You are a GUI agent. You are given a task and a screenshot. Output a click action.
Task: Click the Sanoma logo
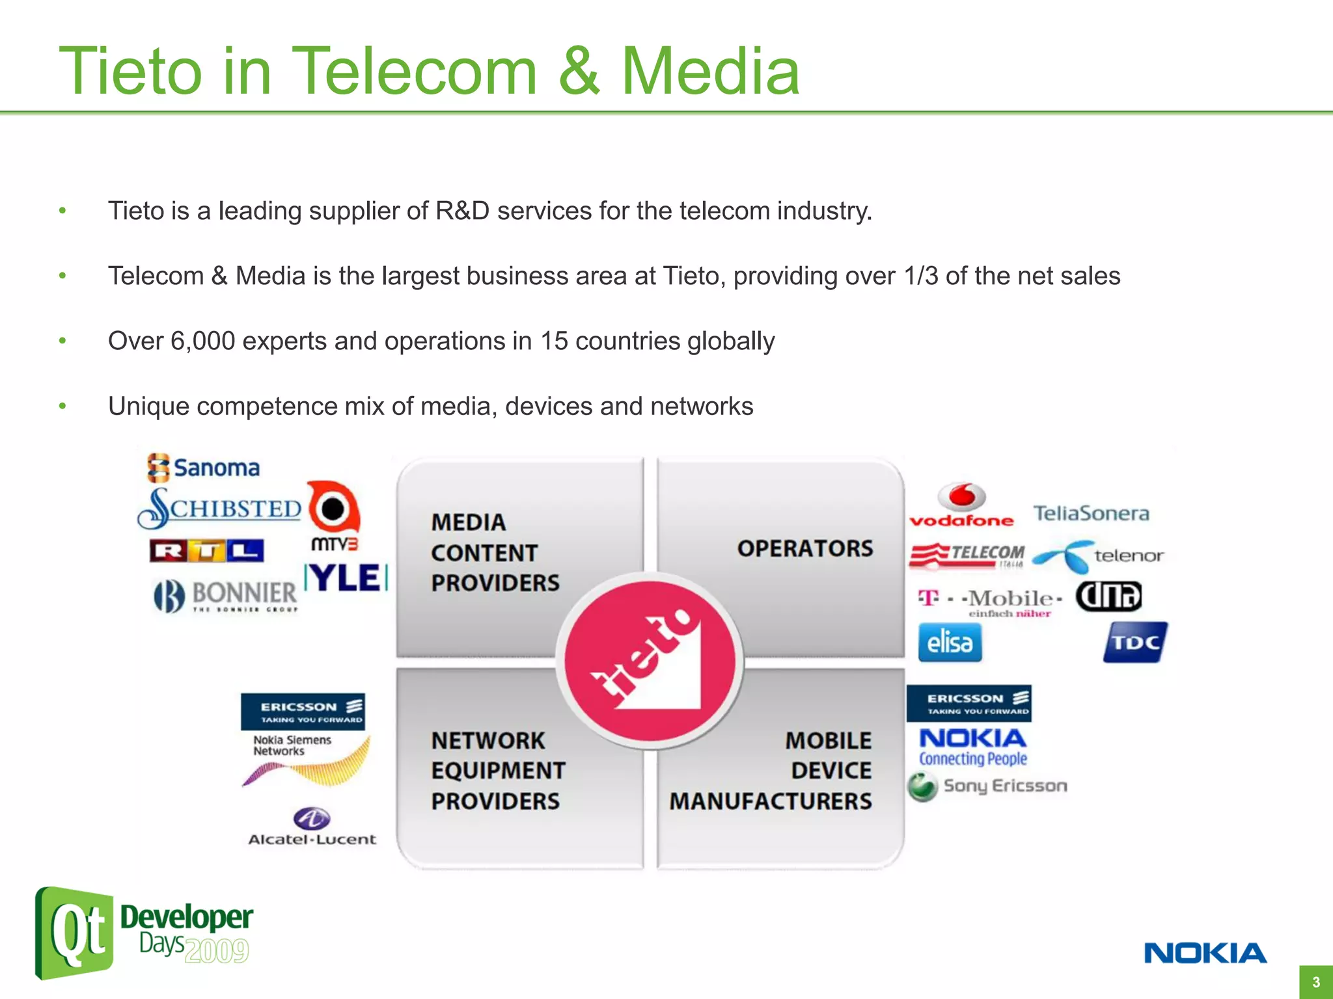point(204,468)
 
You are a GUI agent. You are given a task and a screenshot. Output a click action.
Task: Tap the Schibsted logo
point(220,508)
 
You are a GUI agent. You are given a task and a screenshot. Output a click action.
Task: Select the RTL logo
point(206,551)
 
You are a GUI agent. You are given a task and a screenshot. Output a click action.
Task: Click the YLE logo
point(346,578)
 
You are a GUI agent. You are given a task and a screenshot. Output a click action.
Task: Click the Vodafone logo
point(961,505)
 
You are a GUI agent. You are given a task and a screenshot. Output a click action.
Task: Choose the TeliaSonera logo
point(1092,513)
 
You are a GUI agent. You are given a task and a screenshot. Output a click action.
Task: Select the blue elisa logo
point(950,643)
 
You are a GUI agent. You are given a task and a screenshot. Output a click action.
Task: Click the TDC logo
point(1135,642)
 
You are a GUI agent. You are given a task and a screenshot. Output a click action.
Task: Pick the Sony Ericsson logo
point(987,786)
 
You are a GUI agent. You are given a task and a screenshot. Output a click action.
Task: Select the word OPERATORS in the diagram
point(804,548)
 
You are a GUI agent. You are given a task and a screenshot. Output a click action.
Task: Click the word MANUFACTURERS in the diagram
point(770,801)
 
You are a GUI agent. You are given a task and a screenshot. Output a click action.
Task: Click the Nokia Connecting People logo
point(972,747)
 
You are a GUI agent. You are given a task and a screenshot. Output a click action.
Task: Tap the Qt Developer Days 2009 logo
point(143,933)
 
